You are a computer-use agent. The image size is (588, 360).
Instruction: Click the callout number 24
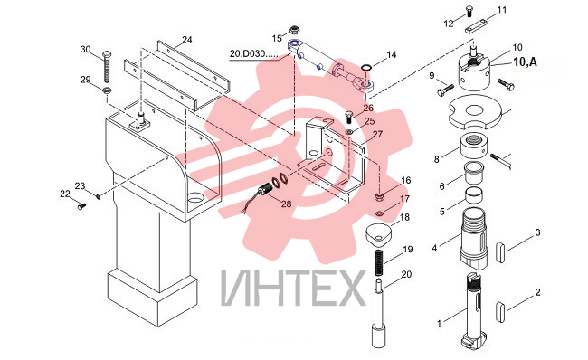(x=186, y=40)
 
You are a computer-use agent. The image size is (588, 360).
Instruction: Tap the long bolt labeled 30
(x=107, y=66)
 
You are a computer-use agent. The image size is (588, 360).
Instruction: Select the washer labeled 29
(x=107, y=90)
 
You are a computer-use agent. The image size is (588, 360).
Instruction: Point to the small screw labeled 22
(x=81, y=205)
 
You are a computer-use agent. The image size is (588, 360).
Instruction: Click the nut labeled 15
(x=295, y=29)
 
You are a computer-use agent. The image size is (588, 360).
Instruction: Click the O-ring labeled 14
(x=366, y=68)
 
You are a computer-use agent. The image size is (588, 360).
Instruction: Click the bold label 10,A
(x=525, y=62)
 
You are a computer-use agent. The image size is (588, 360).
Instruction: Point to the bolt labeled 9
(x=445, y=90)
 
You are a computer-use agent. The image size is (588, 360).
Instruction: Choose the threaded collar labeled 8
(x=473, y=146)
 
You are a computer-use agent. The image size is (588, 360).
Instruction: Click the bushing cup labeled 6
(x=474, y=172)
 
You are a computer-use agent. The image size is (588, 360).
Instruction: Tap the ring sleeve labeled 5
(x=474, y=195)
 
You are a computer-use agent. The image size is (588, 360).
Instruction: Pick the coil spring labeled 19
(x=378, y=262)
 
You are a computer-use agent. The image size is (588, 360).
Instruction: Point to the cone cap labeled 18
(x=378, y=233)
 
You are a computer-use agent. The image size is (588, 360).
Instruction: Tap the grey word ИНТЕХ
(x=293, y=288)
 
